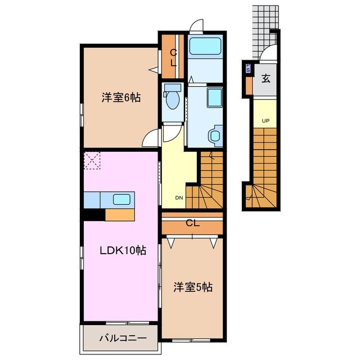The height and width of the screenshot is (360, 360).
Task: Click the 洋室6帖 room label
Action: pos(121,97)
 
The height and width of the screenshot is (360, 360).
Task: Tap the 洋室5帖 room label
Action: pos(192,287)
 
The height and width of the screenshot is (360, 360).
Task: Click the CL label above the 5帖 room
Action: pos(192,223)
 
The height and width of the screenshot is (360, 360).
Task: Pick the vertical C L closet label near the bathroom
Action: pos(174,58)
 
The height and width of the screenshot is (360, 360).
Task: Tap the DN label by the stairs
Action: pos(179,198)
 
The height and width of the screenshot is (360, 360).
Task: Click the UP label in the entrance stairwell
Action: pos(264,121)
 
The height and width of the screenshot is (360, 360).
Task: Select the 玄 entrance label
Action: pos(265,79)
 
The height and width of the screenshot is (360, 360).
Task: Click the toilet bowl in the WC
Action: pos(173,101)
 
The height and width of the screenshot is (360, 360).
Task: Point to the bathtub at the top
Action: pos(205,46)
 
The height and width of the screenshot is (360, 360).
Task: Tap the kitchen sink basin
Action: pos(121,199)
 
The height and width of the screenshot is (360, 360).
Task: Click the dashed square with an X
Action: pos(92,161)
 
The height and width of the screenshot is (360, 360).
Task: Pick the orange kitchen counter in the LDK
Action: pos(120,214)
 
